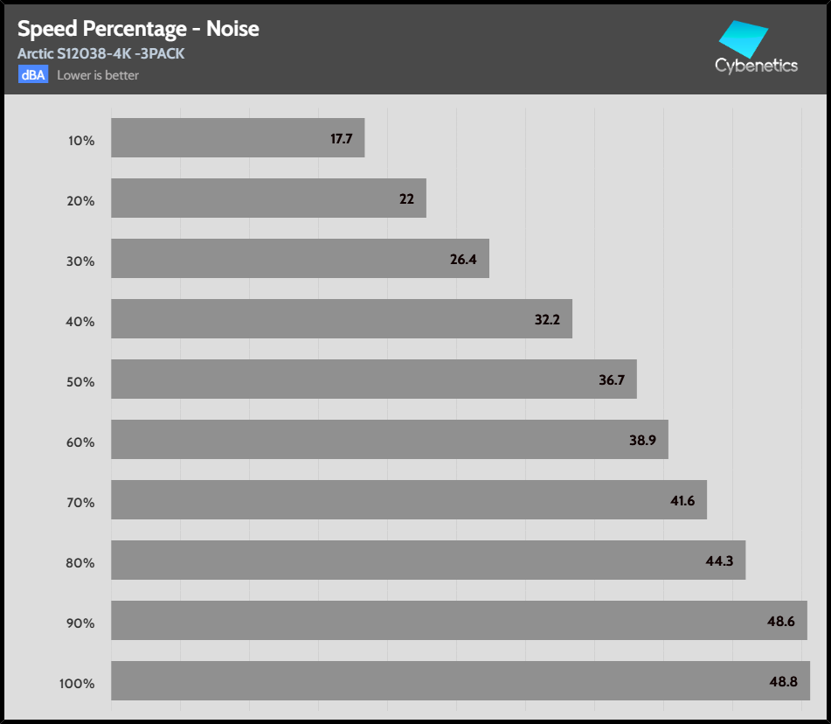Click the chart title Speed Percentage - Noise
click(x=138, y=29)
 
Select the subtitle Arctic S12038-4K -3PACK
click(x=100, y=54)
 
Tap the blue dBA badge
click(x=33, y=74)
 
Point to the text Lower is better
click(x=98, y=75)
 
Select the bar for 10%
click(x=237, y=138)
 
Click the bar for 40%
click(x=341, y=319)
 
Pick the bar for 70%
click(x=408, y=500)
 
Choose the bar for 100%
click(x=460, y=681)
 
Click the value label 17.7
click(x=341, y=139)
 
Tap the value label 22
click(x=406, y=199)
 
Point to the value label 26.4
click(x=463, y=260)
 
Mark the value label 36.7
click(x=611, y=380)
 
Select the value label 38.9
click(x=642, y=441)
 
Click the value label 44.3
click(x=719, y=561)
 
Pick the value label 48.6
click(x=780, y=622)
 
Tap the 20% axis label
click(x=80, y=200)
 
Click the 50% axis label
click(x=80, y=381)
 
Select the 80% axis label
click(x=80, y=562)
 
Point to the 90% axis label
click(x=80, y=623)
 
